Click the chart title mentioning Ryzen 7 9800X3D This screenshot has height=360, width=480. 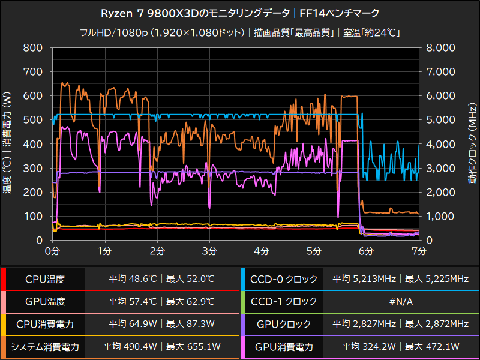pos(240,12)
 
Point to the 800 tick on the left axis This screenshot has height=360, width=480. pos(33,47)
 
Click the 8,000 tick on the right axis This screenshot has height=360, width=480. pos(441,47)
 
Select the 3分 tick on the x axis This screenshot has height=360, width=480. pos(209,249)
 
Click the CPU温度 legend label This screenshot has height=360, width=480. pos(45,279)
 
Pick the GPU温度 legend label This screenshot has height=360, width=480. pos(45,302)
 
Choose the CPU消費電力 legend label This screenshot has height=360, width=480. pos(45,324)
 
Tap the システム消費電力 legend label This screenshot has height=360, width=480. pos(45,347)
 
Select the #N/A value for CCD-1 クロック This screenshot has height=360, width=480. pos(401,302)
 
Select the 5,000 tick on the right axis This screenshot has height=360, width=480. pos(441,120)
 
